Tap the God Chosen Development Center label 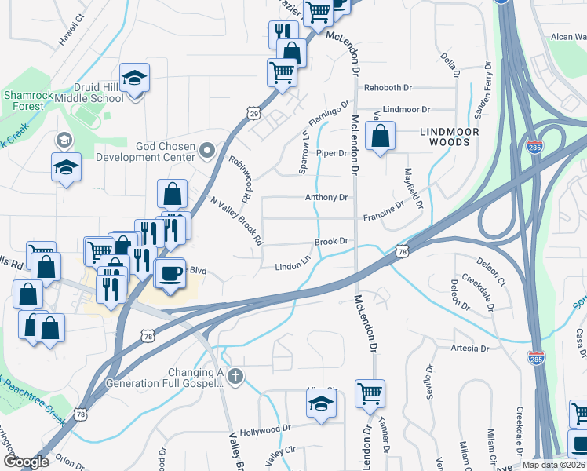pyautogui.click(x=144, y=149)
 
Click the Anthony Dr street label pyautogui.click(x=326, y=198)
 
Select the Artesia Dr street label pyautogui.click(x=470, y=348)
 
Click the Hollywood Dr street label pyautogui.click(x=265, y=429)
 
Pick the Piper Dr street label pyautogui.click(x=331, y=153)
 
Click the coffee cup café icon pyautogui.click(x=172, y=274)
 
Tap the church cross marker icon pyautogui.click(x=234, y=377)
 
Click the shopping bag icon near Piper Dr pyautogui.click(x=380, y=137)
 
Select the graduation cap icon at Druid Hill pyautogui.click(x=135, y=78)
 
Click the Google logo pyautogui.click(x=26, y=462)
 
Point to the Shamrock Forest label pyautogui.click(x=28, y=100)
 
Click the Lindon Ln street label pyautogui.click(x=293, y=267)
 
